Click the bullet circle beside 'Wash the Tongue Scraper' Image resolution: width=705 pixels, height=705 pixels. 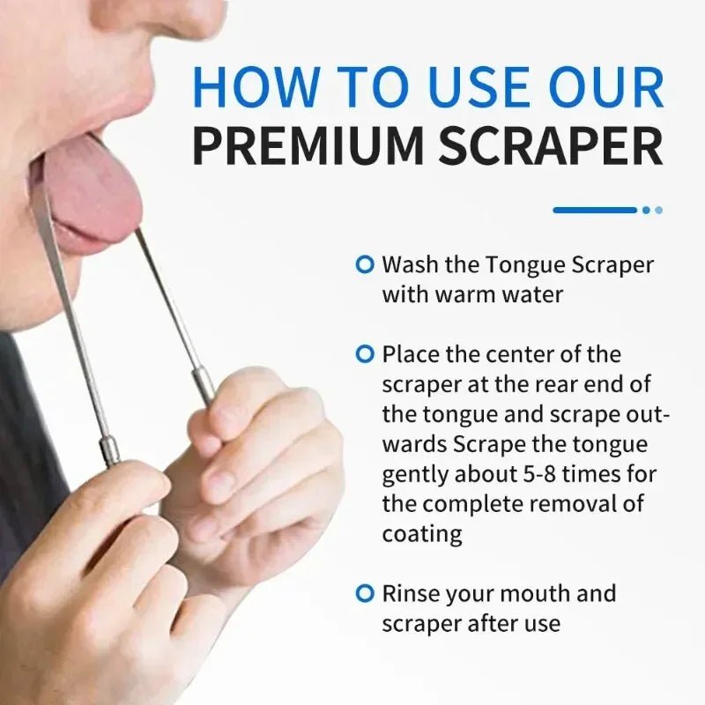pyautogui.click(x=364, y=264)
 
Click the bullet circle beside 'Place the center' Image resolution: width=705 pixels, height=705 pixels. pyautogui.click(x=364, y=354)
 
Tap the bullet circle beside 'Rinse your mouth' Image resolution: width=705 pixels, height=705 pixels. pyautogui.click(x=364, y=593)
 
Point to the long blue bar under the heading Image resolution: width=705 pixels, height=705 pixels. pyautogui.click(x=594, y=210)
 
